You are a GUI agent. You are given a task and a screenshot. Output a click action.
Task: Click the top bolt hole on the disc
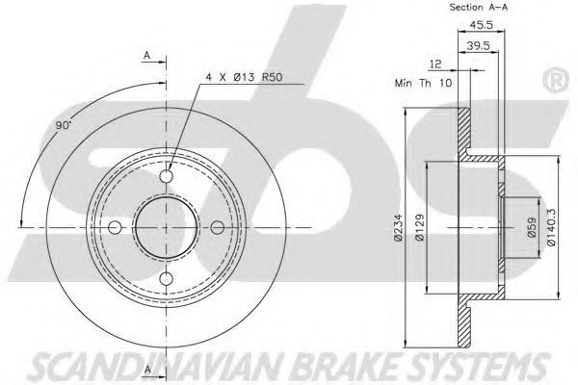167,176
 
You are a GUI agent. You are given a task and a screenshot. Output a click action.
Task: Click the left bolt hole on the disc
115,227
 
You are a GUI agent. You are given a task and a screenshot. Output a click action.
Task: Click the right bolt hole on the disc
218,227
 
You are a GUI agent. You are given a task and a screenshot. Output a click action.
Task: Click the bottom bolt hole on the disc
167,278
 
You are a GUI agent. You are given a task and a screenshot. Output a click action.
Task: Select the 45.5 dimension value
481,25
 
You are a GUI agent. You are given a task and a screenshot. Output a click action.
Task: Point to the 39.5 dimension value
478,45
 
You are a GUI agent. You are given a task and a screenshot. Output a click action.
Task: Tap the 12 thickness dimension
435,64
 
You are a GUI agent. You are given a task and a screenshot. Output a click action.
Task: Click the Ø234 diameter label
399,228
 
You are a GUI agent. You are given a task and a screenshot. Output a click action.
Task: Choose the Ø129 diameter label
420,228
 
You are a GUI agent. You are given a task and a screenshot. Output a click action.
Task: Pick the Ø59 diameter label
532,228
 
